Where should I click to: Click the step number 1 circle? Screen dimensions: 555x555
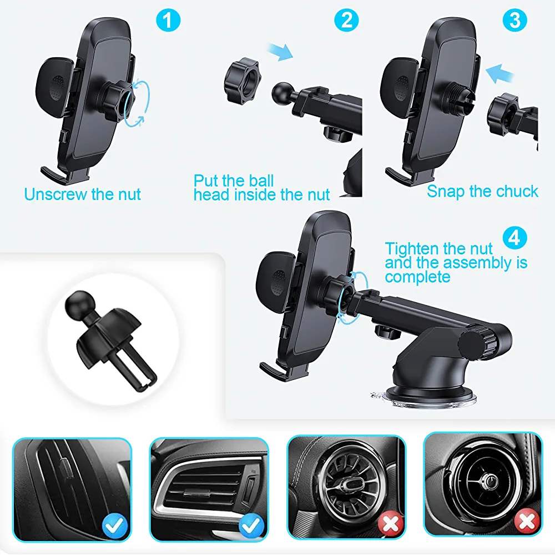click(168, 20)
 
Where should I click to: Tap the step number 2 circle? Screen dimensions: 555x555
click(346, 20)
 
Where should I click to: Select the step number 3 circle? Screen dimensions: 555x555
click(514, 20)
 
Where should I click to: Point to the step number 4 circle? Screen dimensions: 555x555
click(514, 237)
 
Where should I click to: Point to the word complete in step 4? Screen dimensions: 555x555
click(418, 277)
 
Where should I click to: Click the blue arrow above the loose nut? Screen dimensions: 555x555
click(280, 51)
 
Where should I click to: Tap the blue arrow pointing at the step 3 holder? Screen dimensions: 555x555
click(500, 73)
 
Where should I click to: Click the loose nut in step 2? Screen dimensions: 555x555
click(241, 81)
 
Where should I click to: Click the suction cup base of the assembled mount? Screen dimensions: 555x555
click(424, 397)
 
